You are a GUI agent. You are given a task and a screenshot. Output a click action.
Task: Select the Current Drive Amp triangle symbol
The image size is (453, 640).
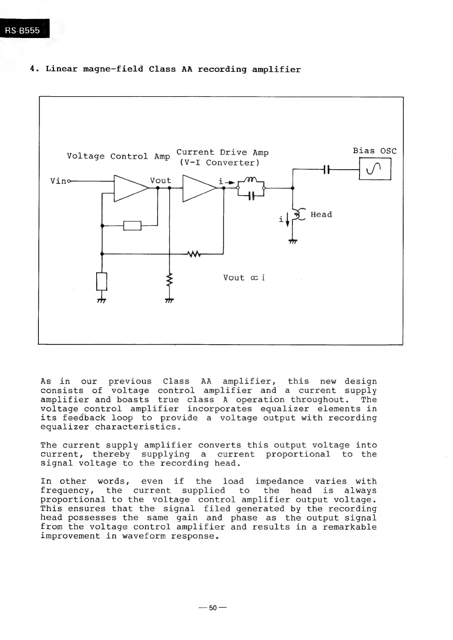(199, 188)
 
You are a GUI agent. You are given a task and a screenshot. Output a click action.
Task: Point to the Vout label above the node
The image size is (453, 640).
(161, 181)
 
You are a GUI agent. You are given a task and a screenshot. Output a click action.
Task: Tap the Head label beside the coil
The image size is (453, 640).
(321, 214)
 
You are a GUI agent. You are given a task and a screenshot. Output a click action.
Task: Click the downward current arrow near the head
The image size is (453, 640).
(288, 219)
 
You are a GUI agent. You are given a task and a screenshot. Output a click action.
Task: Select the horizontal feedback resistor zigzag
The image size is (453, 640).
(193, 254)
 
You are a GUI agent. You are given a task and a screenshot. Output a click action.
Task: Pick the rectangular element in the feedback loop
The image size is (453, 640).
(132, 226)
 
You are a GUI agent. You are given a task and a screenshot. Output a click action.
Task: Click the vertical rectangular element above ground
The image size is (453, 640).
(102, 281)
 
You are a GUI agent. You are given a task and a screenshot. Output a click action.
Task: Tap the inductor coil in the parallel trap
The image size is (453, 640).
(251, 180)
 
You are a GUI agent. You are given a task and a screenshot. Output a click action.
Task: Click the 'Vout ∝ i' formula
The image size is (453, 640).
(244, 278)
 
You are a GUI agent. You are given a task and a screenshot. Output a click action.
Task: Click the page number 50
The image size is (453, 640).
(213, 608)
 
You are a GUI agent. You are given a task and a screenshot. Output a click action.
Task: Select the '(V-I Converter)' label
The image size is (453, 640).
(219, 163)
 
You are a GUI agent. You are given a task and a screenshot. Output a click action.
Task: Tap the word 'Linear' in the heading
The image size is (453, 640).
(62, 69)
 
